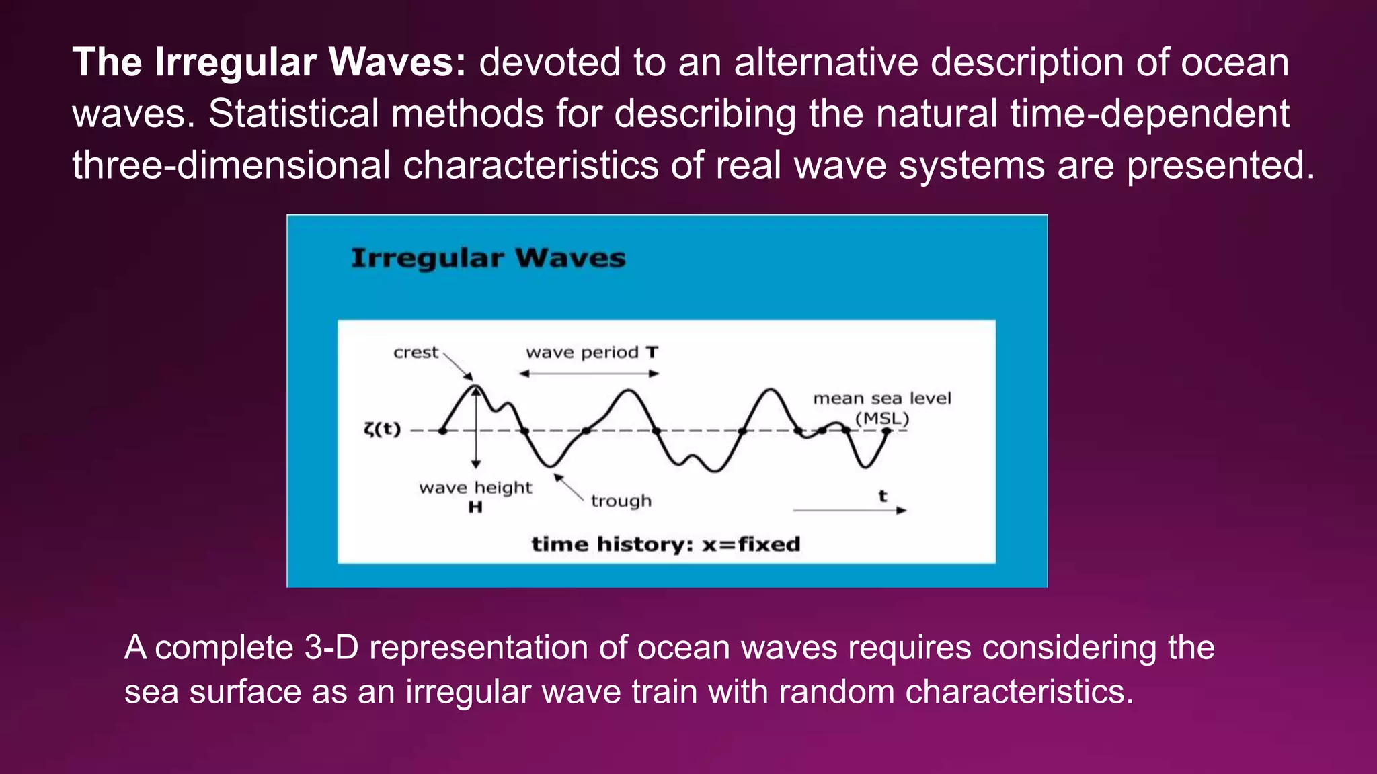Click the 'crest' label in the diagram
coord(416,353)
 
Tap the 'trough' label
coord(621,501)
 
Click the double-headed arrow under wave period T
coord(589,374)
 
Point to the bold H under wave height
coord(475,507)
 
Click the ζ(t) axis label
coord(382,429)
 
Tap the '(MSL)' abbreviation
coord(882,419)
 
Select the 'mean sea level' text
coord(882,398)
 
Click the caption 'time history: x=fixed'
coord(666,544)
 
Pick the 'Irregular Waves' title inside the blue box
coord(488,259)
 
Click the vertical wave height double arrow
coord(476,430)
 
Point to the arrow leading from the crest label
coord(459,367)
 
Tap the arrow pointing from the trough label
coord(569,486)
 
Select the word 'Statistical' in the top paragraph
coord(293,114)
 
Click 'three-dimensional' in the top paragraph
coord(231,165)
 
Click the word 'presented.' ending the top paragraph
coord(1220,165)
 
